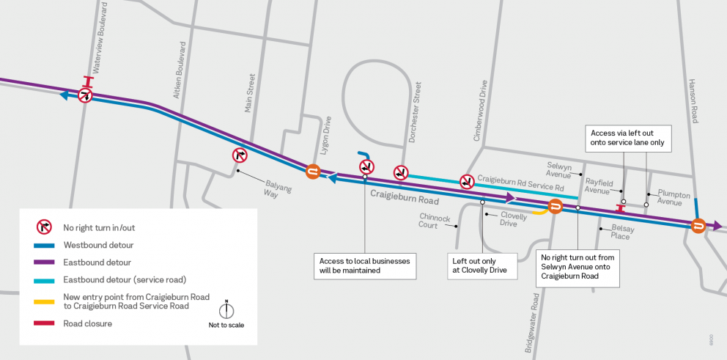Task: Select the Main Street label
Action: click(x=251, y=93)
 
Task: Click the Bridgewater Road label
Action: click(x=536, y=322)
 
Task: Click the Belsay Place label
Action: click(x=620, y=232)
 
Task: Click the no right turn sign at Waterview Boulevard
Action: click(x=86, y=95)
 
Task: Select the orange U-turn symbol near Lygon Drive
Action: click(x=313, y=171)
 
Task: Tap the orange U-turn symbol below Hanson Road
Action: click(x=698, y=225)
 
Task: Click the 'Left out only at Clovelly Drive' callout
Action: click(x=483, y=265)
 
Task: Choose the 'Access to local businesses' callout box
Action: click(x=365, y=265)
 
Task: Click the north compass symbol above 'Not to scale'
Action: click(x=226, y=311)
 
